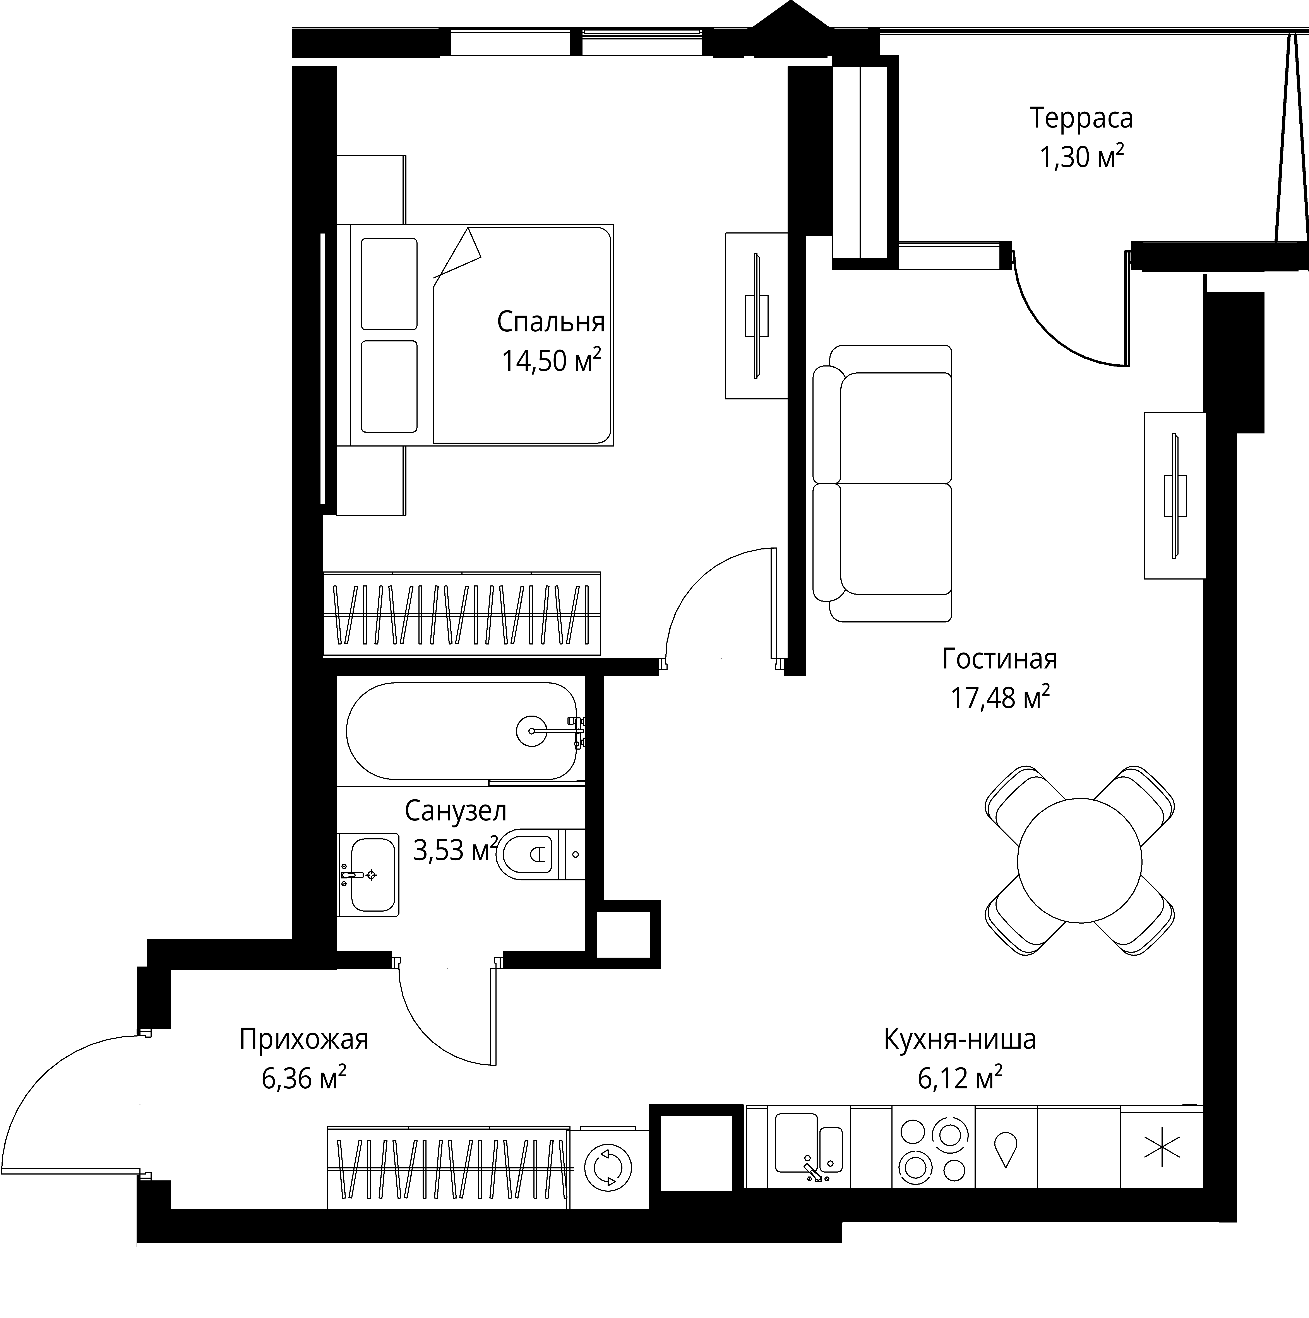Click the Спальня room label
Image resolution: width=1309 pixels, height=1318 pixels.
point(551,322)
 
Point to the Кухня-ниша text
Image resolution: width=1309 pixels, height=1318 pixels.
point(959,1039)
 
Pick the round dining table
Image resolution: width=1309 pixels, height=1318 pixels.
point(1079,859)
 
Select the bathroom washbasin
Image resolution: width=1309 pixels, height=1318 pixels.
point(368,875)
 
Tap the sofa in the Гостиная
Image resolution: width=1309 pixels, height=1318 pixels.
point(882,483)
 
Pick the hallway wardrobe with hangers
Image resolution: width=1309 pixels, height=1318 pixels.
point(448,1167)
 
